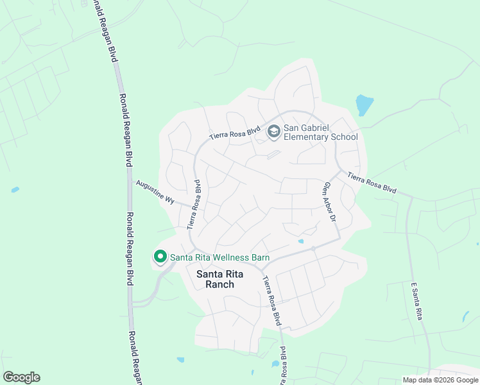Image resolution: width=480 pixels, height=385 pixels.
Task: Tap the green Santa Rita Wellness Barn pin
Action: point(160,257)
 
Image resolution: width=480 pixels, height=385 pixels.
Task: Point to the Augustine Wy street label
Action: point(155,192)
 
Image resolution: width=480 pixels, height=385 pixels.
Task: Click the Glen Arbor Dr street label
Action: point(330,202)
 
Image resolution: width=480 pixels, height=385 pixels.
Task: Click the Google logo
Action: point(21,377)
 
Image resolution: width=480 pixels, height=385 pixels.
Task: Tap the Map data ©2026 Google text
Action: point(440,380)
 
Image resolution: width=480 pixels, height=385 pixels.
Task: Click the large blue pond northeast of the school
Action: point(364,105)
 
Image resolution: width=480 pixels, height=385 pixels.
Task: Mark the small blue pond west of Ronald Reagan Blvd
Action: point(15,190)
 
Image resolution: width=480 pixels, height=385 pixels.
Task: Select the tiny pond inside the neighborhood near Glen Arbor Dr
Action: point(301,241)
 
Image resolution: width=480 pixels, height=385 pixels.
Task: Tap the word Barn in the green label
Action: point(260,257)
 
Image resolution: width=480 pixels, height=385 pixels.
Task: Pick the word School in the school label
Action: point(342,137)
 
